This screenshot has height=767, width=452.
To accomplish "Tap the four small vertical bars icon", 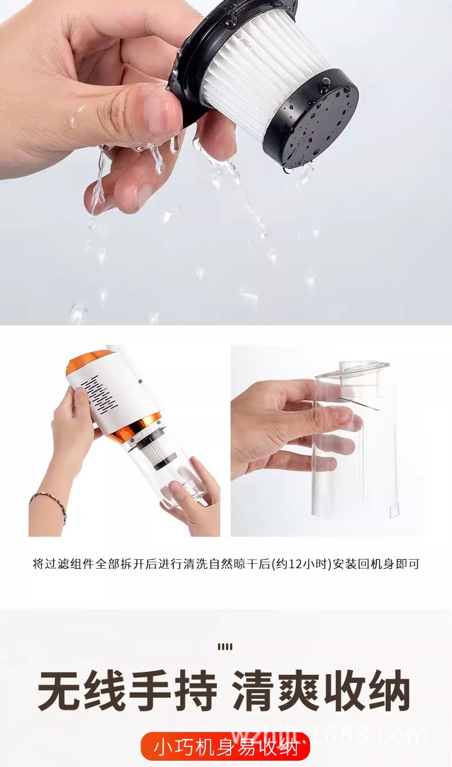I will [225, 647].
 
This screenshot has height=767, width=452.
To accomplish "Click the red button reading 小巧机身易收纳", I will [225, 746].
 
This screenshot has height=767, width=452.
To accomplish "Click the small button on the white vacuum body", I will [140, 380].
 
